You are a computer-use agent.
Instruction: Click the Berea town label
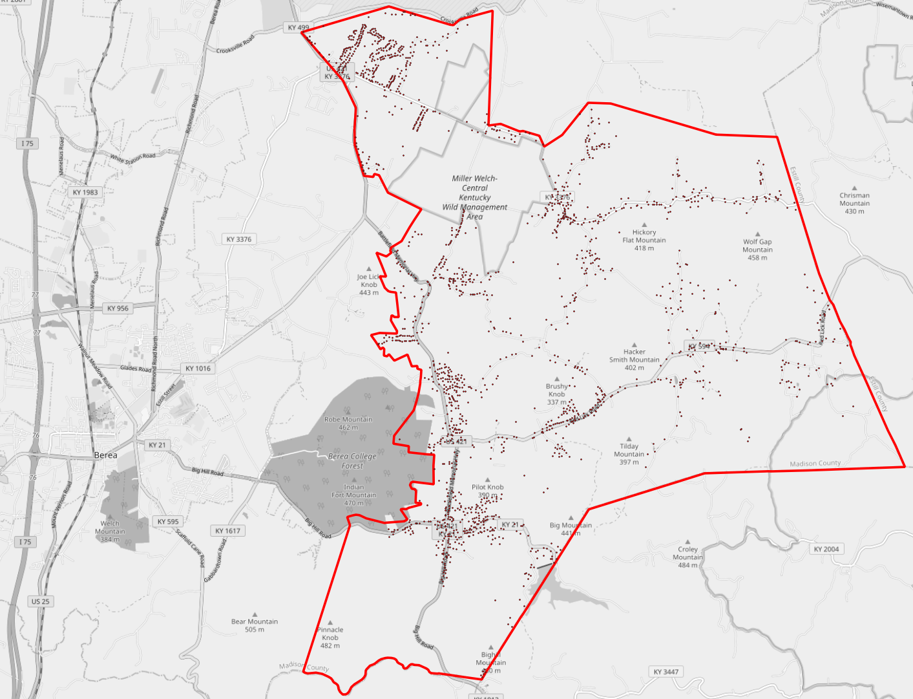[106, 455]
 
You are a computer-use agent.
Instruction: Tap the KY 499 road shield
[299, 28]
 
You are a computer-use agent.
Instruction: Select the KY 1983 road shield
[85, 192]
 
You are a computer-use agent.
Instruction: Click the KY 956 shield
[118, 308]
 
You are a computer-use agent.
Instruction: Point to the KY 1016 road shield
[198, 369]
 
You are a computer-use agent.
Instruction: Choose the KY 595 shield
[168, 522]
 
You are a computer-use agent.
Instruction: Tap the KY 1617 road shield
[228, 531]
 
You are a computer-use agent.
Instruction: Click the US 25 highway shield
[40, 601]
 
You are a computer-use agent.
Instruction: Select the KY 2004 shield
[826, 549]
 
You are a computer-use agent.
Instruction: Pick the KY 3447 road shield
[666, 672]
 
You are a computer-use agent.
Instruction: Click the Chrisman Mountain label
[854, 203]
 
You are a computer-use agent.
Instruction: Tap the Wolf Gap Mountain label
[757, 250]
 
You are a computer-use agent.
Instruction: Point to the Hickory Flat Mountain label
[644, 240]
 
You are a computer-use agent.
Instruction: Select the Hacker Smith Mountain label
[634, 360]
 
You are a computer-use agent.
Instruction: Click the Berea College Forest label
[352, 460]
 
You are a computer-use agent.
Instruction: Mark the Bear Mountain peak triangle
[255, 615]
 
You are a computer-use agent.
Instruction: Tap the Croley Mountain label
[687, 557]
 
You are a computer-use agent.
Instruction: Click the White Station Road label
[132, 158]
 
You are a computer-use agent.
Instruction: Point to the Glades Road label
[136, 369]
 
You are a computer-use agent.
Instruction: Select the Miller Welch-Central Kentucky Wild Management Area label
[475, 197]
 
